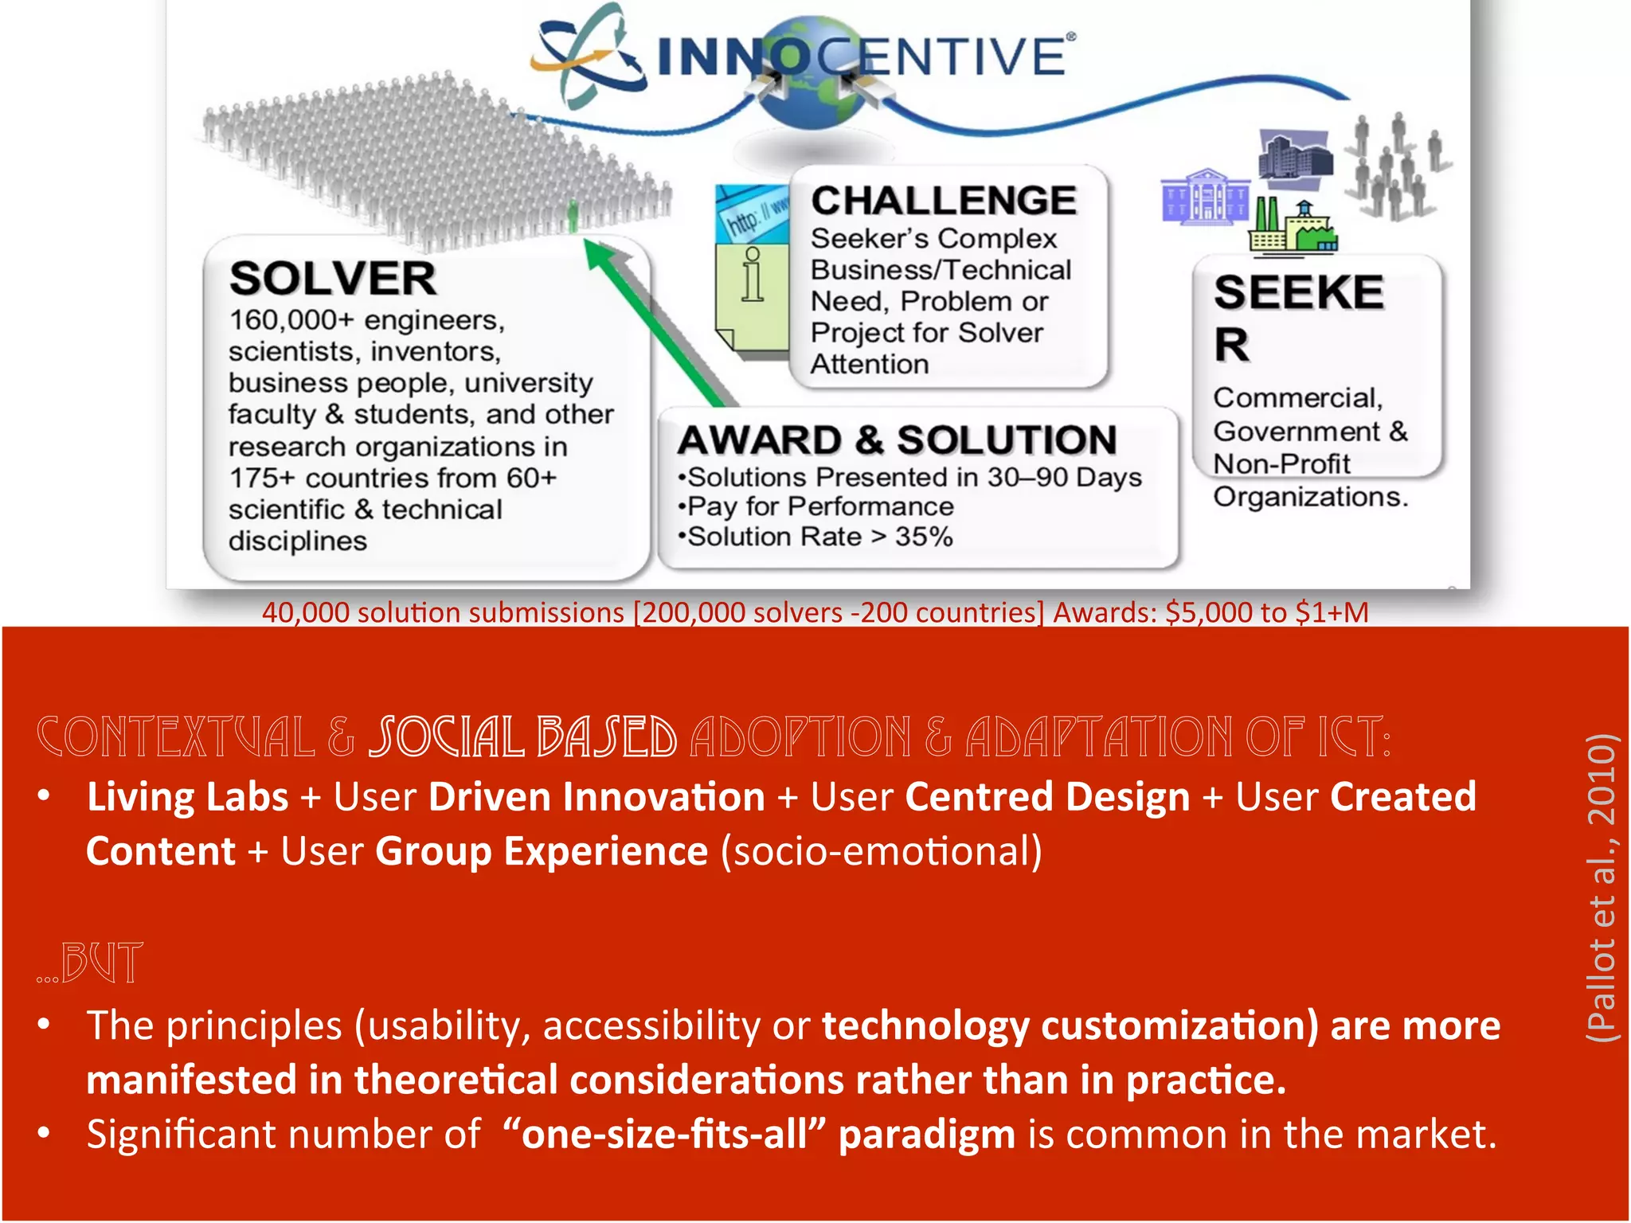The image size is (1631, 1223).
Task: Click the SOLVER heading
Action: [332, 279]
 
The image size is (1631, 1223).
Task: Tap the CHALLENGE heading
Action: [943, 200]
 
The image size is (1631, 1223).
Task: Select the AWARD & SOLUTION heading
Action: [898, 440]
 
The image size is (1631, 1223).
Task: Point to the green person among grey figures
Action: [572, 214]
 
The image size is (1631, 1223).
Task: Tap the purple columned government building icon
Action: [1204, 196]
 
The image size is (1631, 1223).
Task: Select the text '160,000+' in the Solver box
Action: [291, 320]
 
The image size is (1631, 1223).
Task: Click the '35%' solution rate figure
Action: [924, 537]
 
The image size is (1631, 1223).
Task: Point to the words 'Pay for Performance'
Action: [820, 506]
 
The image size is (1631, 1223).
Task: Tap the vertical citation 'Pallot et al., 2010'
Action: [1601, 887]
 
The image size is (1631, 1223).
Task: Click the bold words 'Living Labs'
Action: [188, 797]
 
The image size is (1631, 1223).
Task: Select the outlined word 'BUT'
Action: [102, 963]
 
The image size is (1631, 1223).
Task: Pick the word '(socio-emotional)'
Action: [881, 851]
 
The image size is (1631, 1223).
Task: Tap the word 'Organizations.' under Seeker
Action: [1310, 497]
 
